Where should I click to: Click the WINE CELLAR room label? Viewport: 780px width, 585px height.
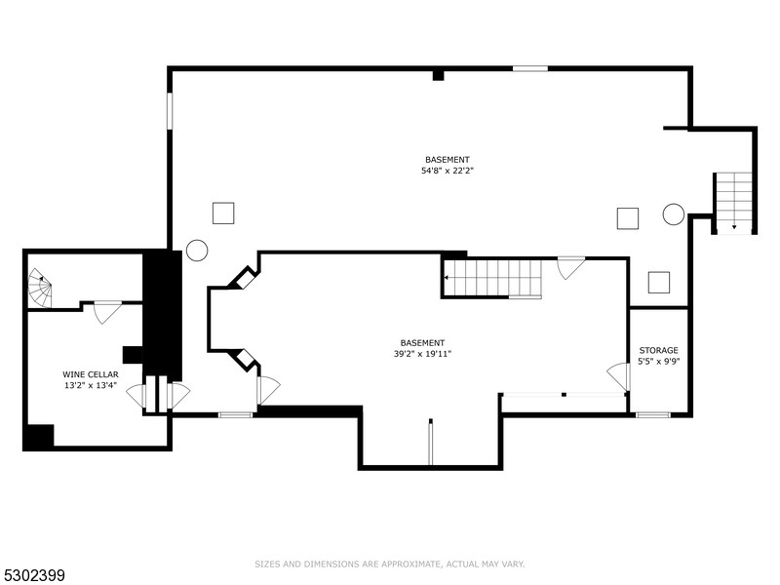[x=91, y=373]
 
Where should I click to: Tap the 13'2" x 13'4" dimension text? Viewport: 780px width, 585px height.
[x=91, y=385]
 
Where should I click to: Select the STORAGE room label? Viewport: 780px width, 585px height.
[x=659, y=350]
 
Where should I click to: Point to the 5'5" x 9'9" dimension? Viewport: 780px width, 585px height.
[x=659, y=362]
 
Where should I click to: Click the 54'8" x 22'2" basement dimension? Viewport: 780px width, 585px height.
[x=448, y=171]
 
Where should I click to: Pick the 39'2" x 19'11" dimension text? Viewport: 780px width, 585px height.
[x=423, y=354]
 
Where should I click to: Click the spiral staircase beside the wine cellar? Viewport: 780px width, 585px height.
[x=39, y=287]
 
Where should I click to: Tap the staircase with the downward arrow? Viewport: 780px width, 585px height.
[x=733, y=203]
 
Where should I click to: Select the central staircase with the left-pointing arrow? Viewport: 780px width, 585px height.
[x=492, y=278]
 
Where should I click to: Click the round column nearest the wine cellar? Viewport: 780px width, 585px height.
[x=197, y=251]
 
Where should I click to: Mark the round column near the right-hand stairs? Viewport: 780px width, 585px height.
[x=674, y=214]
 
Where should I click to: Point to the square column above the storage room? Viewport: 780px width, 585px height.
[x=659, y=282]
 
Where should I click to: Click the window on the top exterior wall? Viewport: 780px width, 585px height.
[x=530, y=68]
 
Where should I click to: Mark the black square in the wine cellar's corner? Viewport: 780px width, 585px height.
[x=38, y=437]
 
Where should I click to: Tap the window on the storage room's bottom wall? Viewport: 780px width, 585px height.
[x=653, y=415]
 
